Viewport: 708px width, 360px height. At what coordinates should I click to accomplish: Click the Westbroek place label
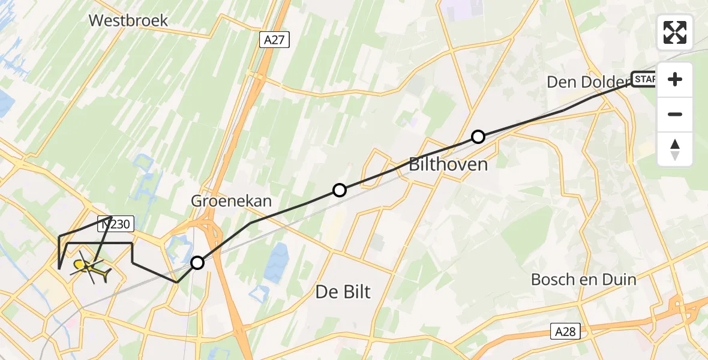(128, 20)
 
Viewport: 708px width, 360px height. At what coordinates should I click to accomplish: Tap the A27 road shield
(275, 40)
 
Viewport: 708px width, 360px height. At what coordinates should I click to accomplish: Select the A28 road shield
(565, 331)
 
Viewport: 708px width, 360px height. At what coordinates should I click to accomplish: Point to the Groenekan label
(231, 201)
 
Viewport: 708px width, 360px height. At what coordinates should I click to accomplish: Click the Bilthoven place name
(448, 164)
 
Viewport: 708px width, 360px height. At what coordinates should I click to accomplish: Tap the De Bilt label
(343, 292)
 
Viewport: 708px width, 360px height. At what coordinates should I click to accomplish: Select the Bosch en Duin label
(584, 279)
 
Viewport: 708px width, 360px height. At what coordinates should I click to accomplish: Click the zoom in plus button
(675, 79)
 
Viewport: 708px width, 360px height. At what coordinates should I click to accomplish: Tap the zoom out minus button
(675, 114)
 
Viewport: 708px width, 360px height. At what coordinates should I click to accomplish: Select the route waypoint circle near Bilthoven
(478, 137)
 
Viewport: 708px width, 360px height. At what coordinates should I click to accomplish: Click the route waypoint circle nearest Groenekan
(340, 190)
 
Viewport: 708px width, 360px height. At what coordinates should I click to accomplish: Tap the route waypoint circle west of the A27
(197, 262)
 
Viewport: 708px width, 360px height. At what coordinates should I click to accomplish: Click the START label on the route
(644, 79)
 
